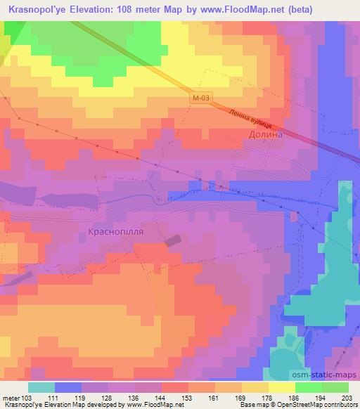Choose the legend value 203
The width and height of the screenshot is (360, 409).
(x=346, y=398)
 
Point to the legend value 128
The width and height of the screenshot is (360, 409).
(x=109, y=398)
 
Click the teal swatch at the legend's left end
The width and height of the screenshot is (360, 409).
(x=41, y=387)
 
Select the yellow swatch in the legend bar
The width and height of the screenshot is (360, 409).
(x=282, y=387)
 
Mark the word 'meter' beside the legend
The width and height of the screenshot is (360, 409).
(x=11, y=398)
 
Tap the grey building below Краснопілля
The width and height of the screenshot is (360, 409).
(x=173, y=242)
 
